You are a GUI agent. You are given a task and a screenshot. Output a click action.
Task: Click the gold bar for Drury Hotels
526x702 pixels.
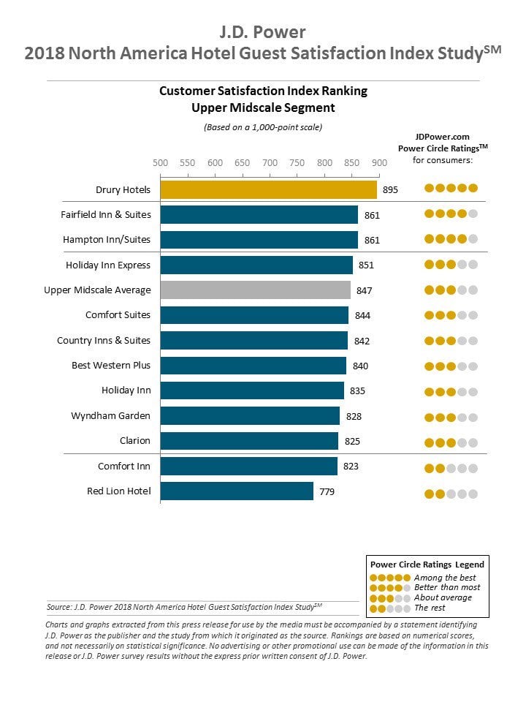click(x=268, y=189)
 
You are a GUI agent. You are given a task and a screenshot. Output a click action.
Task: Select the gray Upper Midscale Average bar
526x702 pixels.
click(x=256, y=290)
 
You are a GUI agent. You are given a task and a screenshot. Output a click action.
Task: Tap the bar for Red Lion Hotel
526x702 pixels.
click(x=237, y=491)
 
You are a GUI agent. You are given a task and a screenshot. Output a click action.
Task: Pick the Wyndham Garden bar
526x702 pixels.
click(x=250, y=415)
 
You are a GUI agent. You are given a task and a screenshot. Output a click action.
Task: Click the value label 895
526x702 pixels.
click(x=390, y=190)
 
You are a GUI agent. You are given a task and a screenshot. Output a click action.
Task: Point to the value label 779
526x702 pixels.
click(x=327, y=491)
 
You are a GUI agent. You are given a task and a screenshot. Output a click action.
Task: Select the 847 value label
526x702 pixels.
click(x=364, y=290)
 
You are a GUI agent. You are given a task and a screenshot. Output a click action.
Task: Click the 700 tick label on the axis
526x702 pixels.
click(x=270, y=162)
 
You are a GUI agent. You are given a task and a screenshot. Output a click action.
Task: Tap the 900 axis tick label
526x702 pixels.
click(x=379, y=162)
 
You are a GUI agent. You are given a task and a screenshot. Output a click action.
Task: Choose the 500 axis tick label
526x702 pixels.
click(x=160, y=162)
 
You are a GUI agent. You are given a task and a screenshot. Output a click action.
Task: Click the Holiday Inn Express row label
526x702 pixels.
click(x=108, y=265)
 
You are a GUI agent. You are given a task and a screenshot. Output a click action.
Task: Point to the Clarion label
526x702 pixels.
click(x=135, y=440)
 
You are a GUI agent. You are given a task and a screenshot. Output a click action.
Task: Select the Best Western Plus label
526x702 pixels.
click(x=111, y=366)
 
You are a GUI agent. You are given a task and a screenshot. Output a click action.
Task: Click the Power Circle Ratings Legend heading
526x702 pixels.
click(x=427, y=565)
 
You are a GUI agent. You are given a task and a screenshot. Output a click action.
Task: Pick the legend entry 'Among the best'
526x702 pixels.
click(x=445, y=578)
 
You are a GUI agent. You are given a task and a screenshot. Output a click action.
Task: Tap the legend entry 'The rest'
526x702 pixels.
click(x=430, y=608)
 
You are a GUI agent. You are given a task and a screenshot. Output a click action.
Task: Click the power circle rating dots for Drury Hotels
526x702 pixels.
click(x=451, y=188)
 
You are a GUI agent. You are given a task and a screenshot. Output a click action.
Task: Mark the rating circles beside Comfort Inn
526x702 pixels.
click(x=451, y=468)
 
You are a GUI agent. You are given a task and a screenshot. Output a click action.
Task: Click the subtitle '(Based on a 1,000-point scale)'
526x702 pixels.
click(x=263, y=127)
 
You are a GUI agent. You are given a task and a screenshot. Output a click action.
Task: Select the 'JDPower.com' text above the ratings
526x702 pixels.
click(x=443, y=137)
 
